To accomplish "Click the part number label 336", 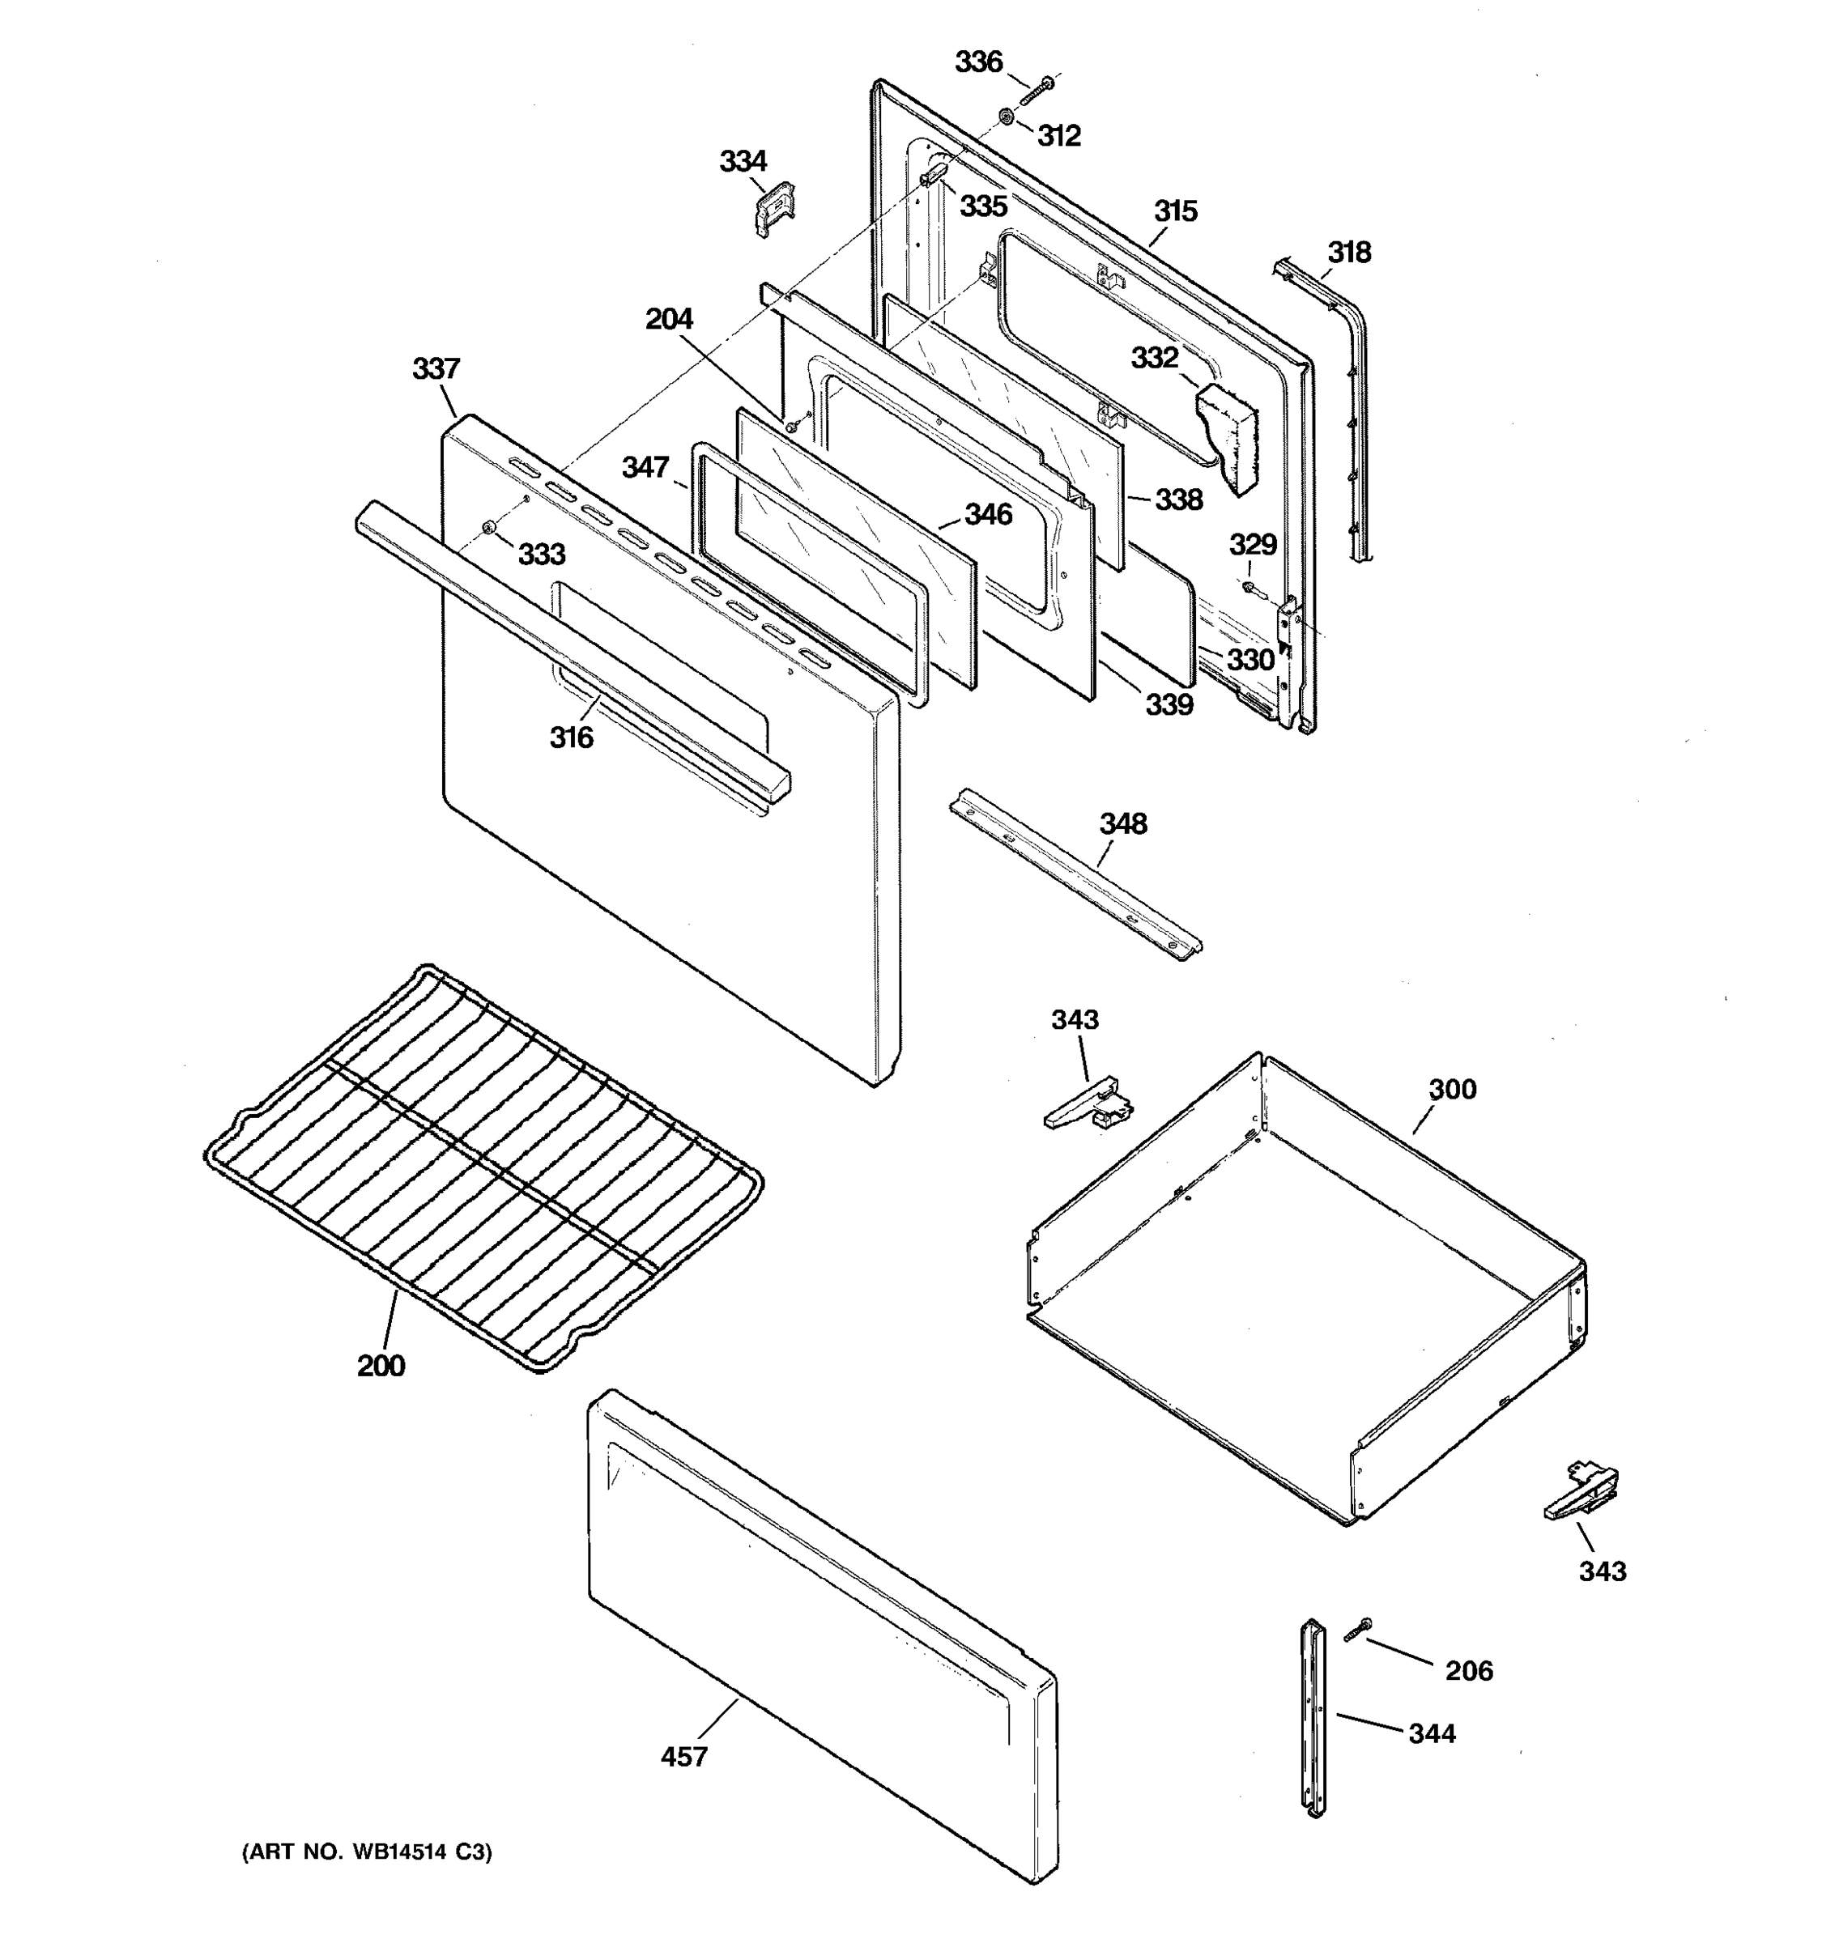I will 978,62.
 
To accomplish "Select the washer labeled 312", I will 1006,118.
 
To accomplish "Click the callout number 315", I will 1175,211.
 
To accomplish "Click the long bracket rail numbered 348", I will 1075,874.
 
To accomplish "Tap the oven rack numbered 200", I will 484,1168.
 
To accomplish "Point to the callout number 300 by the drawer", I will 1452,1089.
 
